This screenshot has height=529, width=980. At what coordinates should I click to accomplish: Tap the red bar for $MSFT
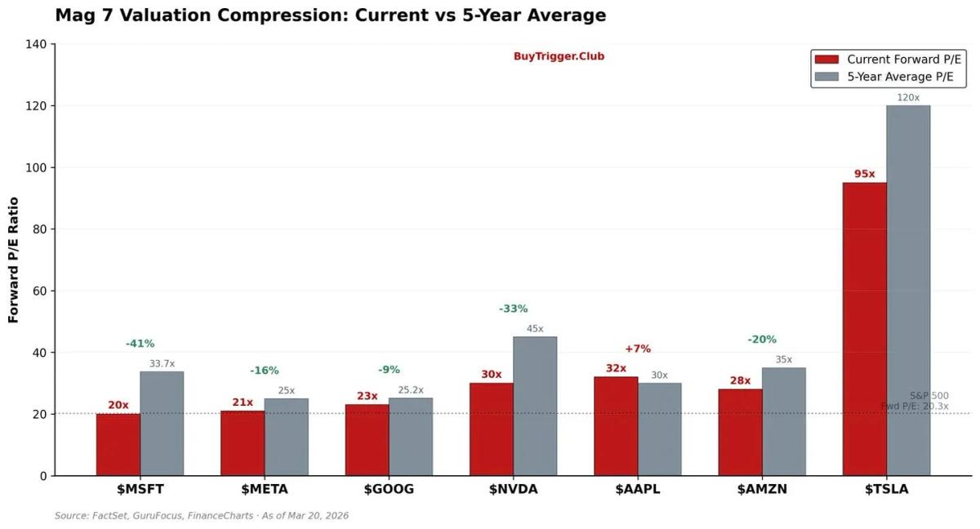coord(118,444)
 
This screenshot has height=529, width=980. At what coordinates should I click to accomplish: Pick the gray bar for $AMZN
coord(783,421)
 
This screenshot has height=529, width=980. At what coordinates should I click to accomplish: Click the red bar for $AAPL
coord(616,425)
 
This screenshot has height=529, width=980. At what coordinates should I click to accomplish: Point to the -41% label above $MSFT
coord(140,344)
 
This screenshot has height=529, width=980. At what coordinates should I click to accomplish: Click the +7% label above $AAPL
coord(638,349)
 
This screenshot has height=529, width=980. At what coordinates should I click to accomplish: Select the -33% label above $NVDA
coord(513,309)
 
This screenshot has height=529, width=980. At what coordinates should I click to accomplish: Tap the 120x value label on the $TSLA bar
coord(908,97)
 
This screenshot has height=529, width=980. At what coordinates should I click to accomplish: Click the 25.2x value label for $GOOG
coord(410,390)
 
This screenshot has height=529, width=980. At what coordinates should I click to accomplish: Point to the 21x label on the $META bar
coord(243,402)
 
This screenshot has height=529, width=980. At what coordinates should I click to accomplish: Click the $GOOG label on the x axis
coord(389,490)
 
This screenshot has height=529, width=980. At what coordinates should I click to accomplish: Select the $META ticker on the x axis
coord(264,490)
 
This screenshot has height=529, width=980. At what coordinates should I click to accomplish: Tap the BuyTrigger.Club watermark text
coord(559,56)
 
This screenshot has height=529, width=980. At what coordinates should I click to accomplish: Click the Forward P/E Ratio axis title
coord(13,259)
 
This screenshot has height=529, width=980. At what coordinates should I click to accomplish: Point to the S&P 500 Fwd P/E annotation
coord(917,401)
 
